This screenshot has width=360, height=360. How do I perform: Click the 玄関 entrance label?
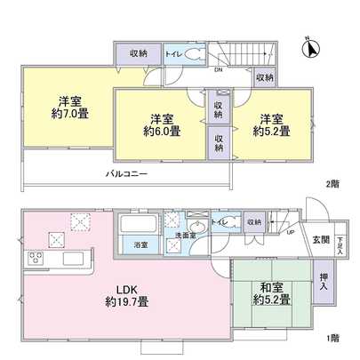[x=321, y=240]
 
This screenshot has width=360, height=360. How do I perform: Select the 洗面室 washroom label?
[x=184, y=236]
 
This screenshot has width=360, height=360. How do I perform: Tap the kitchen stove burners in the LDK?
[x=37, y=259]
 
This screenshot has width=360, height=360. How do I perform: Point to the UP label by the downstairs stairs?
[x=291, y=235]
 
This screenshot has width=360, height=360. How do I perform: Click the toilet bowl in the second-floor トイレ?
[x=195, y=53]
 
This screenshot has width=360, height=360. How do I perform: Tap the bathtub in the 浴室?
[x=140, y=222]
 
